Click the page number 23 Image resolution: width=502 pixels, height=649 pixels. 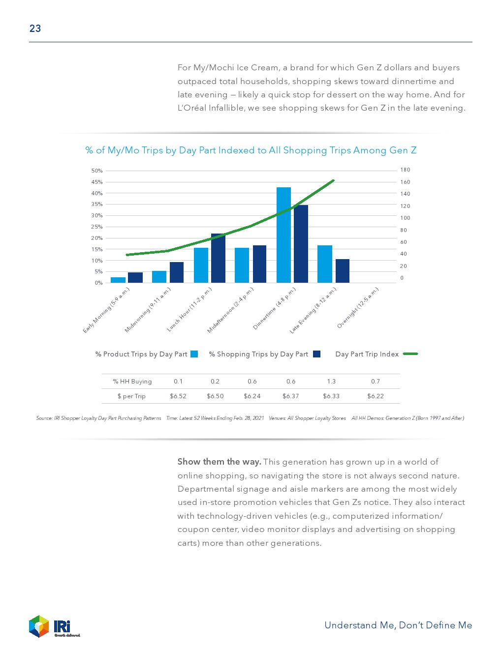[x=35, y=29]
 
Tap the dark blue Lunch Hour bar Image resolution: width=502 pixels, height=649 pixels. [x=218, y=258]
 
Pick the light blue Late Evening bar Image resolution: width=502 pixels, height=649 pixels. [x=325, y=264]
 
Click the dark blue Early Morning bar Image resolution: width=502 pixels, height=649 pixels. [x=135, y=278]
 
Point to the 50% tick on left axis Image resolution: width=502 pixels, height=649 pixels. [x=97, y=171]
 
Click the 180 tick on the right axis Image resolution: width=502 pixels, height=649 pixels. [x=405, y=170]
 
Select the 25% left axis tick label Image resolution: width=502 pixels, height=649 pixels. [x=97, y=227]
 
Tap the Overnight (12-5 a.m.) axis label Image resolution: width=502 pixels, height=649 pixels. [x=358, y=308]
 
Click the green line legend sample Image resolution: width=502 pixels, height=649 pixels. [x=410, y=354]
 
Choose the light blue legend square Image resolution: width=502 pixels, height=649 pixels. [x=194, y=354]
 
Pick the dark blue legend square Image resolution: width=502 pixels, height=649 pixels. [x=316, y=354]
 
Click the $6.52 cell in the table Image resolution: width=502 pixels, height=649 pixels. [x=178, y=396]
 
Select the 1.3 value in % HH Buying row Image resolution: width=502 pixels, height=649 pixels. [x=331, y=382]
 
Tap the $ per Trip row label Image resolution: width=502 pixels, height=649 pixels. [x=131, y=396]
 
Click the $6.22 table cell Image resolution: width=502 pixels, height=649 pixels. [x=376, y=396]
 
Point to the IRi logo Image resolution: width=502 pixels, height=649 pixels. [x=54, y=626]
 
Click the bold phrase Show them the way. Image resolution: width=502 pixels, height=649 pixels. [x=219, y=462]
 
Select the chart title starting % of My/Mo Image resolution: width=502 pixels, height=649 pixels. [x=251, y=150]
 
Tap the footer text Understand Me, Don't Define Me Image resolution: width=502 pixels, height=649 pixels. [x=398, y=625]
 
